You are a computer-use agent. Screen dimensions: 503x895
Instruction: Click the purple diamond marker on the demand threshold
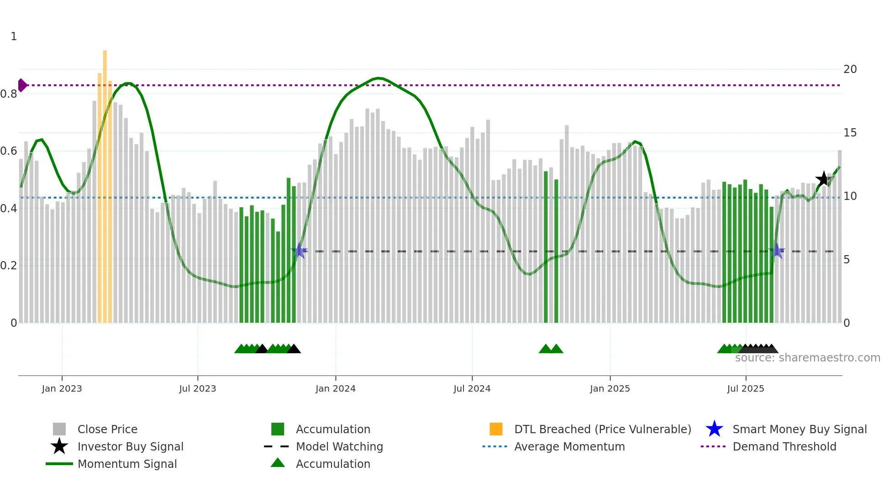[x=22, y=85]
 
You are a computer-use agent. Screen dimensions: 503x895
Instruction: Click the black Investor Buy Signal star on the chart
[x=823, y=179]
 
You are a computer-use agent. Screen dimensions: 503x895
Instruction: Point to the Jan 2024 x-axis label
[x=335, y=388]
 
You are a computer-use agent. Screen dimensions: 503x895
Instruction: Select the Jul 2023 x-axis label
[x=197, y=388]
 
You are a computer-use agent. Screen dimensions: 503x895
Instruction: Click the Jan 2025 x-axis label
[x=610, y=388]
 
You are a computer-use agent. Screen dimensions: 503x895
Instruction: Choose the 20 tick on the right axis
[x=850, y=69]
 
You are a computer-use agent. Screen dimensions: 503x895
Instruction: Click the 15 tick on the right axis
[x=850, y=133]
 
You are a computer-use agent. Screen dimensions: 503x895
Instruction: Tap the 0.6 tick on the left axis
[x=9, y=151]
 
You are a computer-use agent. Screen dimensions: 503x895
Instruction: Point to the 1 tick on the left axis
[x=14, y=37]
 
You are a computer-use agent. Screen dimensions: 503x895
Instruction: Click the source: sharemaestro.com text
[x=807, y=358]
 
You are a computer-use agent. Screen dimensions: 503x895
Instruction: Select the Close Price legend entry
[x=107, y=429]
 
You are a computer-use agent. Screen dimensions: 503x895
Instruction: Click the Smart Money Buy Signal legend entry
[x=799, y=429]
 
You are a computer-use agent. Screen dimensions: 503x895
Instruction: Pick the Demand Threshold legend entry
[x=784, y=446]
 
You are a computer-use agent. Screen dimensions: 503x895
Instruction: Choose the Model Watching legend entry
[x=339, y=446]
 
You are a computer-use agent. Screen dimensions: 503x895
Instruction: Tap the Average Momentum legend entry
[x=569, y=446]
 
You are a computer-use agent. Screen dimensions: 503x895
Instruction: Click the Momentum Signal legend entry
[x=127, y=464]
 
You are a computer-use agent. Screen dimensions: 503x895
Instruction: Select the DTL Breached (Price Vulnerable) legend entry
[x=602, y=429]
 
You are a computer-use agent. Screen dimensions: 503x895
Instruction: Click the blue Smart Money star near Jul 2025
[x=777, y=251]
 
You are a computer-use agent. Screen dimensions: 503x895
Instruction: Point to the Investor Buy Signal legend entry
[x=130, y=446]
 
